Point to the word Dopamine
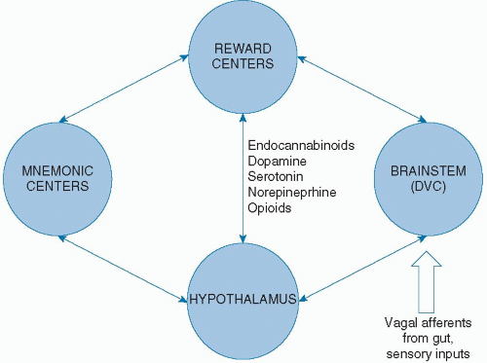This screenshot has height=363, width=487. coord(278,162)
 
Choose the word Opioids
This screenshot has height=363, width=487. coord(272,208)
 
